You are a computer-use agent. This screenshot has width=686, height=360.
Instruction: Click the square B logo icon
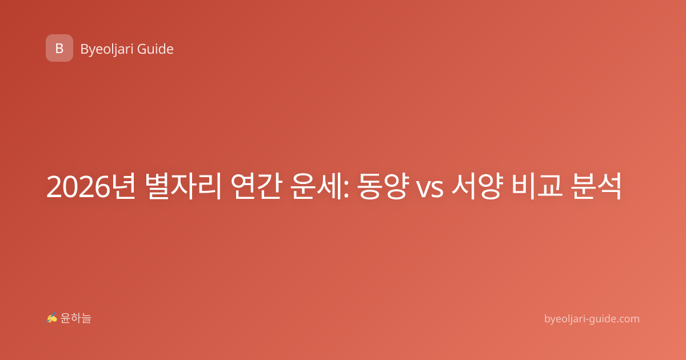[x=59, y=48]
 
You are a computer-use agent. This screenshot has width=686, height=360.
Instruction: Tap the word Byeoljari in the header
[x=107, y=50]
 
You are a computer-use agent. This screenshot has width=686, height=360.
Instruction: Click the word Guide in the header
[x=155, y=49]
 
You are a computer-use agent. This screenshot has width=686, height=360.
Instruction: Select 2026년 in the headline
[x=91, y=186]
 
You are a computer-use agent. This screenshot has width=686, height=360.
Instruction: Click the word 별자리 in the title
[x=183, y=186]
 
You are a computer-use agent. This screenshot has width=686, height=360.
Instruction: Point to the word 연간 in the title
[x=256, y=186]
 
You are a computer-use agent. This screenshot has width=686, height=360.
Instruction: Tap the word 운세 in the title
[x=317, y=186]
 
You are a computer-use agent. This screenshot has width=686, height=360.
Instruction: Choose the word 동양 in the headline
[x=384, y=186]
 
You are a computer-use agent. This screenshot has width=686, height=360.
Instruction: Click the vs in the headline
[x=430, y=189]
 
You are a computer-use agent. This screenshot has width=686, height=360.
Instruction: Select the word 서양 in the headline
[x=477, y=186]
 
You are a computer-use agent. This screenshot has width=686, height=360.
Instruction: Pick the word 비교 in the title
[x=537, y=186]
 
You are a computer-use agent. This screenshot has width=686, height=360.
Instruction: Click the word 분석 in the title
[x=596, y=186]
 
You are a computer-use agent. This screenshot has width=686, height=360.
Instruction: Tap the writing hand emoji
[x=52, y=318]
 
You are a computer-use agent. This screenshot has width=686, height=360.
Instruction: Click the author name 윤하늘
[x=75, y=318]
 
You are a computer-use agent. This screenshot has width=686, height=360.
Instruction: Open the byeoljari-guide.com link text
[x=592, y=319]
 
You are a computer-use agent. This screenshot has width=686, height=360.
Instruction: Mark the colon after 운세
[x=346, y=189]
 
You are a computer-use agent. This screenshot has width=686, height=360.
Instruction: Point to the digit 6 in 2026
[x=102, y=187]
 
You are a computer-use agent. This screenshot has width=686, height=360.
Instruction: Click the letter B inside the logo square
[x=59, y=49]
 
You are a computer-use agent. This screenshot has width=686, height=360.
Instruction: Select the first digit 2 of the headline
[x=54, y=186]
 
